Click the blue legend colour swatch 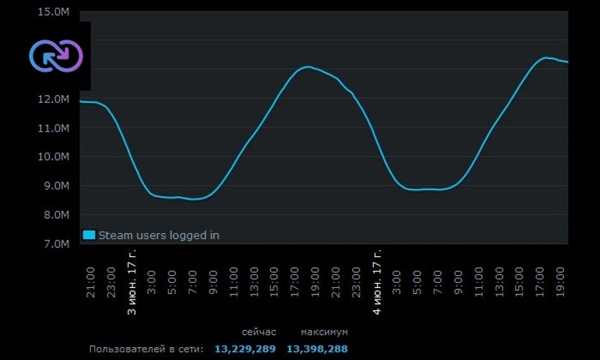[x=89, y=235]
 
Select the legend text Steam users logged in [x=158, y=235]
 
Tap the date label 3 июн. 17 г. [x=132, y=283]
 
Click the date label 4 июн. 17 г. [x=377, y=283]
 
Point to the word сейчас [x=259, y=332]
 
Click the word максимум [x=324, y=332]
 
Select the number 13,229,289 [x=245, y=349]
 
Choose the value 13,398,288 [x=317, y=349]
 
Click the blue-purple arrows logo [x=55, y=55]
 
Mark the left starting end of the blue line [x=81, y=102]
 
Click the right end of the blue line [x=567, y=62]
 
